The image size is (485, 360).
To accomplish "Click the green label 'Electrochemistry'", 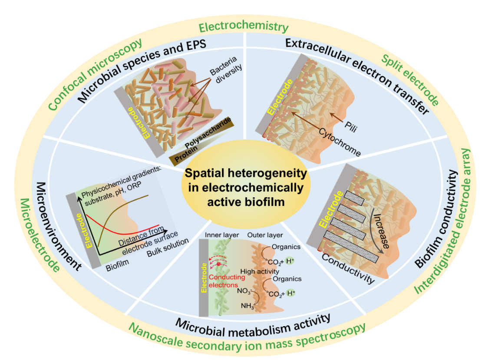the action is click(244, 26).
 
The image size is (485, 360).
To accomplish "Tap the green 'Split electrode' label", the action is click(410, 80).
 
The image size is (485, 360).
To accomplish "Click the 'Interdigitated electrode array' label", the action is click(442, 221).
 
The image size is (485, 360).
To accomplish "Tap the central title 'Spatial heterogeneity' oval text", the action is click(246, 188).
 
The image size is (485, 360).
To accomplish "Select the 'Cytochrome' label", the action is click(340, 142).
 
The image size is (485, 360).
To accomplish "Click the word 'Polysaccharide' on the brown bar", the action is click(208, 133).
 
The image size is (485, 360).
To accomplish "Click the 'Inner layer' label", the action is click(222, 235).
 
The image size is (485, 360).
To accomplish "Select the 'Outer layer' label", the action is click(265, 235).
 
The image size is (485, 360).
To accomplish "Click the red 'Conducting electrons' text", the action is click(227, 281).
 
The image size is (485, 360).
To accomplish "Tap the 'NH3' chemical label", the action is click(247, 306).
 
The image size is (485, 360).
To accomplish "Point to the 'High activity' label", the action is click(260, 271).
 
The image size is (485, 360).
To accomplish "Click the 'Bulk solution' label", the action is click(168, 248).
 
